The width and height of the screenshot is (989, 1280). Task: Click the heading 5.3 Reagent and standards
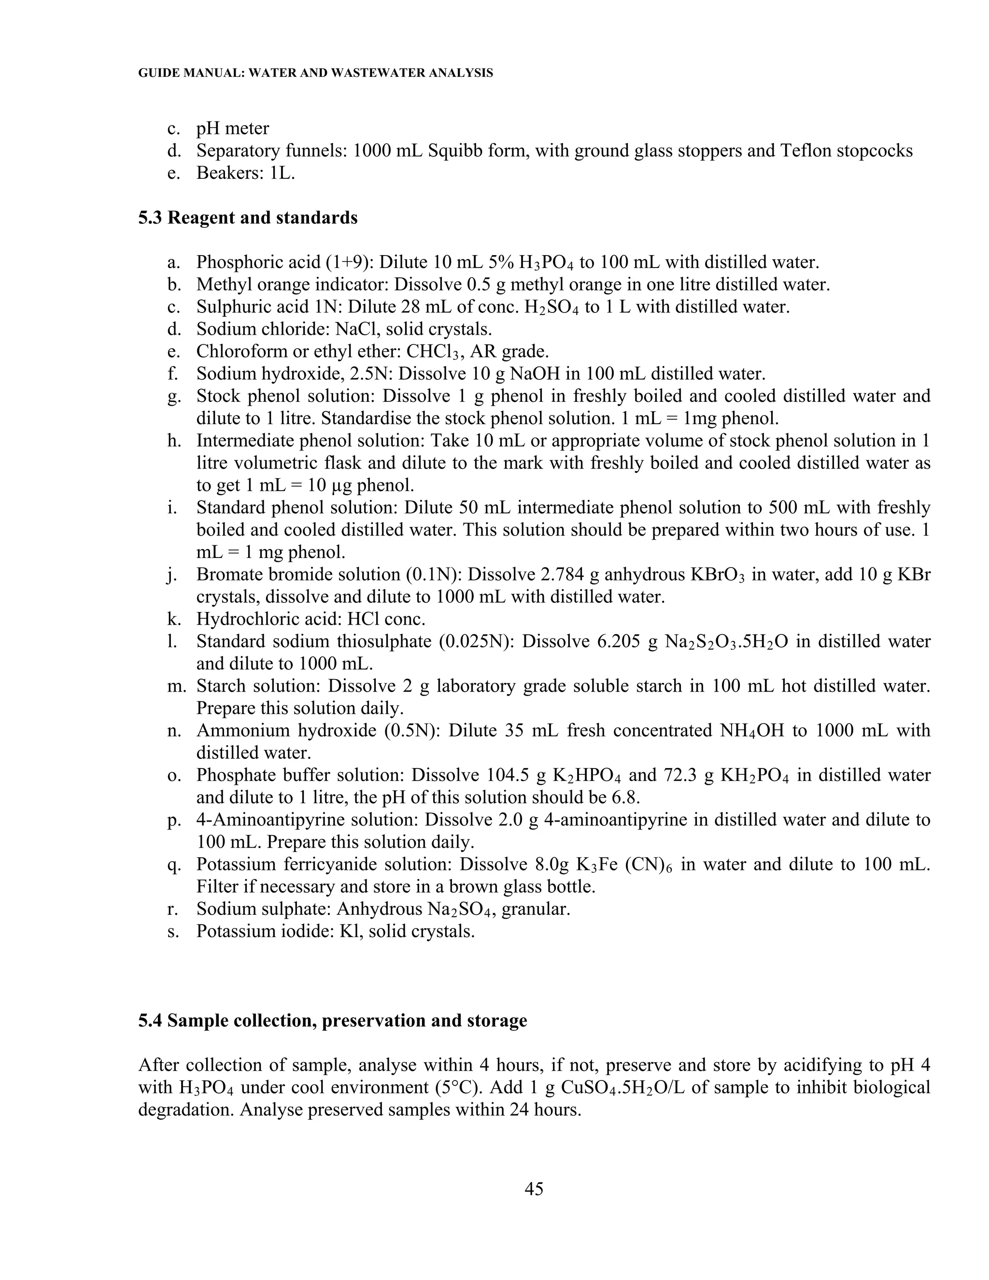247,217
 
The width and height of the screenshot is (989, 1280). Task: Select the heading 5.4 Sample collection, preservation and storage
332,1020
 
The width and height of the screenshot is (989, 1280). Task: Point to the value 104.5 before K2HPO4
508,775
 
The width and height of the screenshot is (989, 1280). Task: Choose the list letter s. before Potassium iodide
173,931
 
